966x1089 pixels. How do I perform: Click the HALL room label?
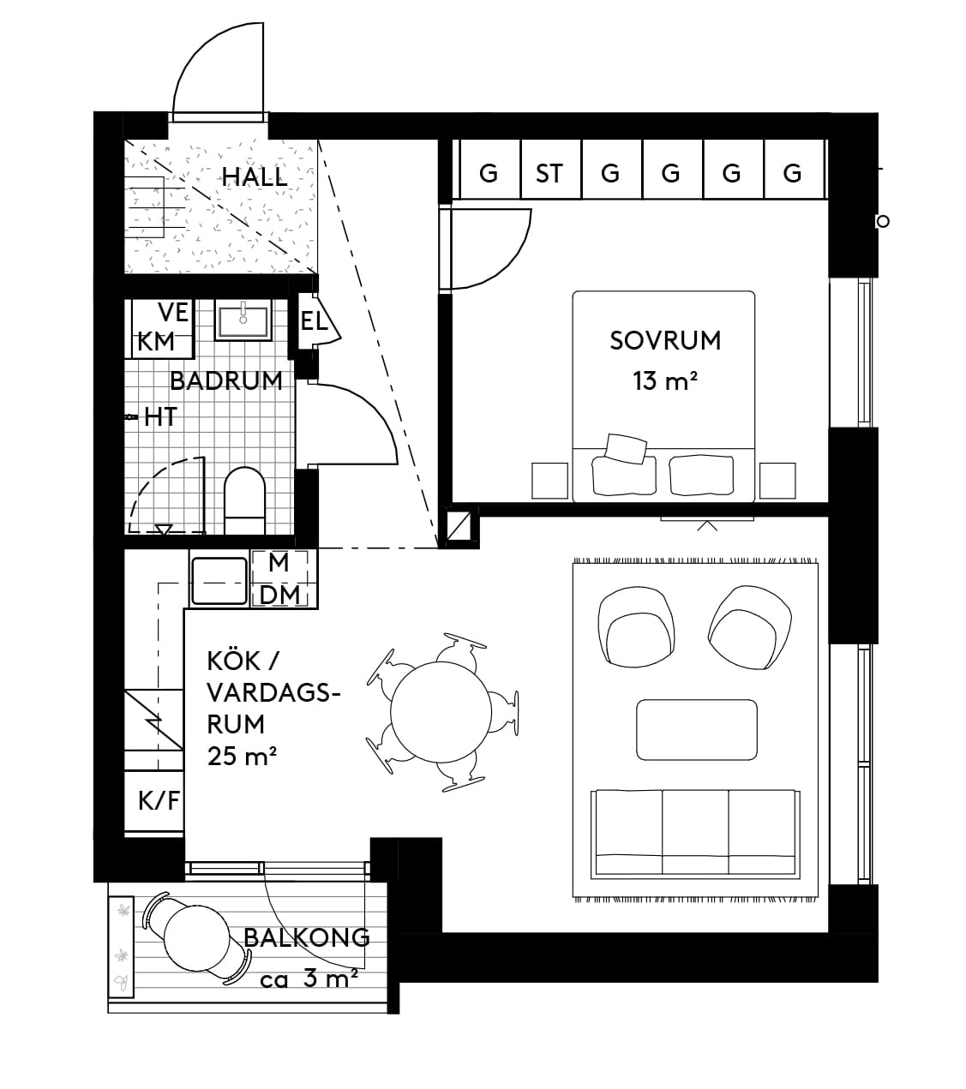255,177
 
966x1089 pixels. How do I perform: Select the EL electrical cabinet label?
314,321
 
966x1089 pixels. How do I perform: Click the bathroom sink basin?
243,320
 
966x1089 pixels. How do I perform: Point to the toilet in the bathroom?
244,500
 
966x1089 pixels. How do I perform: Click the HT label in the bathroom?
160,416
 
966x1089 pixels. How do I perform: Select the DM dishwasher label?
279,595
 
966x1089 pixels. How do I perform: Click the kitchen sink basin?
219,582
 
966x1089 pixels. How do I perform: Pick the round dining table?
441,712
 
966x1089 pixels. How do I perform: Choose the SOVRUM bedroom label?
665,340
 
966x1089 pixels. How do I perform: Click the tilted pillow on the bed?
626,448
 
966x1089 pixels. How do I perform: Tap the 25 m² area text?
242,757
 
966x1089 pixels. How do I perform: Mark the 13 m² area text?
665,380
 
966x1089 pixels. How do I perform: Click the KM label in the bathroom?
156,341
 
